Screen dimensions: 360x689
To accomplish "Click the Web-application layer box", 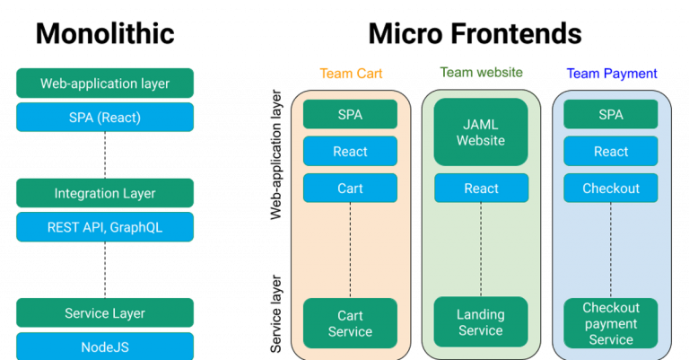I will [105, 83].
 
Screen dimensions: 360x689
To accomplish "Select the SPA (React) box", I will [105, 117].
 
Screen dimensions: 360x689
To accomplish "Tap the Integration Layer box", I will [105, 193].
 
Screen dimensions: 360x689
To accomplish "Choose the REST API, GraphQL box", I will [105, 227].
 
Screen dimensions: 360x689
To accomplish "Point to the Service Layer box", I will [105, 313].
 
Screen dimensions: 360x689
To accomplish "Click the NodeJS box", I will [105, 346].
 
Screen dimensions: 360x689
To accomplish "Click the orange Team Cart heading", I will [350, 74].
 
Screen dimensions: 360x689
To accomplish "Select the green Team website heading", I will [481, 73].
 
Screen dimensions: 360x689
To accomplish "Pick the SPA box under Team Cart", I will [350, 115].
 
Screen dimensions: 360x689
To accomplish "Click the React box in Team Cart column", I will [350, 152].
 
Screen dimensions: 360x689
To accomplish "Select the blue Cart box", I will [350, 189].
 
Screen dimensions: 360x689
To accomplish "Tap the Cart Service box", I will [350, 323].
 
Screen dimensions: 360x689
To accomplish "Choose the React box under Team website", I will [481, 189].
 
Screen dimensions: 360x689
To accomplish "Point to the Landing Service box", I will [481, 322].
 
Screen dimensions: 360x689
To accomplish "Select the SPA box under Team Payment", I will [611, 115].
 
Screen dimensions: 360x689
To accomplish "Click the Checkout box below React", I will [611, 189].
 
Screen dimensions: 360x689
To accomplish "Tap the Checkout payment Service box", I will [611, 323].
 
